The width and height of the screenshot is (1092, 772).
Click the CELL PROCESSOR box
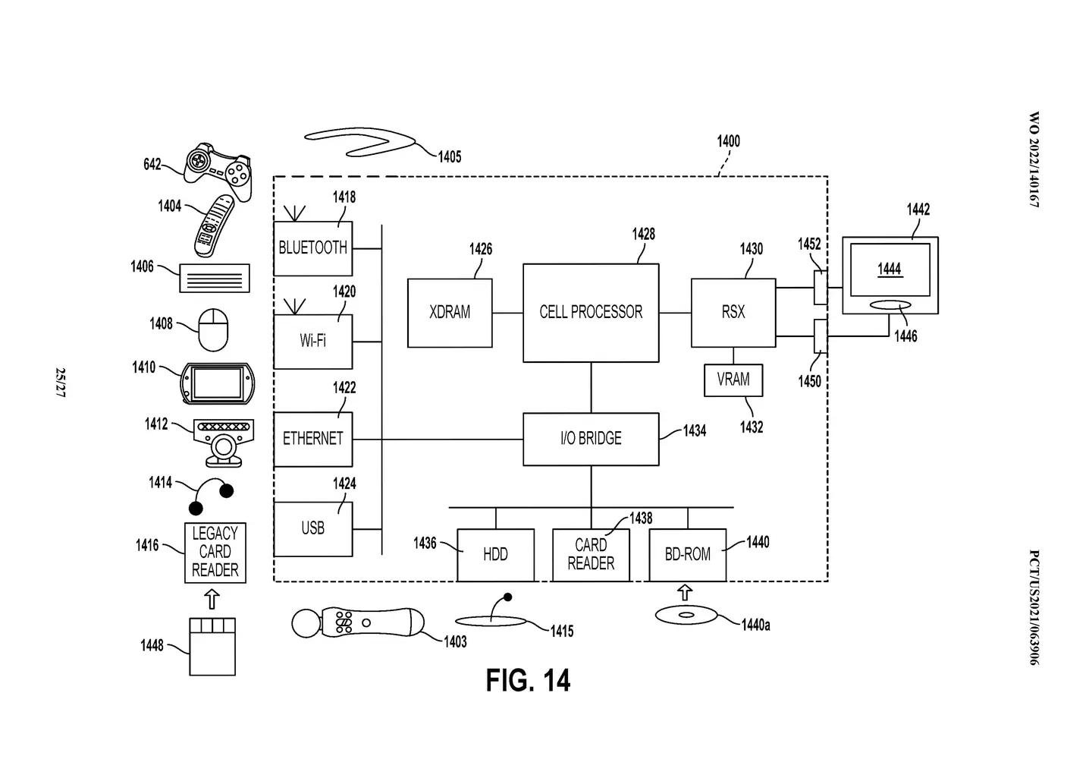pyautogui.click(x=590, y=312)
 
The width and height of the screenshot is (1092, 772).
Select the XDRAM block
pyautogui.click(x=450, y=313)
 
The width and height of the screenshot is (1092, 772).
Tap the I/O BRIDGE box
pyautogui.click(x=590, y=439)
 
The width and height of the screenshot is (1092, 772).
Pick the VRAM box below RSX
pyautogui.click(x=733, y=380)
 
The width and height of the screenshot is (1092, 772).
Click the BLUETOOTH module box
pyautogui.click(x=312, y=248)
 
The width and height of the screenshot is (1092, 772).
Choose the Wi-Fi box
pyautogui.click(x=312, y=341)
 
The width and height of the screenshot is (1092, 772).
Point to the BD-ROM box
pyautogui.click(x=687, y=555)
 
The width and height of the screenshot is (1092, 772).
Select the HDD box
pyautogui.click(x=495, y=555)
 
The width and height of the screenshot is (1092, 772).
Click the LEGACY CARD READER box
pyautogui.click(x=215, y=552)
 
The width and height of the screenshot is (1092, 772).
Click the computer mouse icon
pyautogui.click(x=213, y=329)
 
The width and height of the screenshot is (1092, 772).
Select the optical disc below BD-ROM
pyautogui.click(x=686, y=614)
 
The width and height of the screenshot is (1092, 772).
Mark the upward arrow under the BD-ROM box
pyautogui.click(x=685, y=592)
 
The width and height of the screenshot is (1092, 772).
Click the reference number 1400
pyautogui.click(x=728, y=141)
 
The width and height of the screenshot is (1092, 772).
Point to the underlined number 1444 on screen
pyautogui.click(x=889, y=269)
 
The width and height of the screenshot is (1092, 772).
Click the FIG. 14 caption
pyautogui.click(x=528, y=680)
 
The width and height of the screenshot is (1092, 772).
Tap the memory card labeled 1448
pyautogui.click(x=212, y=646)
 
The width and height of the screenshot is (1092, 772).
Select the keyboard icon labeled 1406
pyautogui.click(x=215, y=278)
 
